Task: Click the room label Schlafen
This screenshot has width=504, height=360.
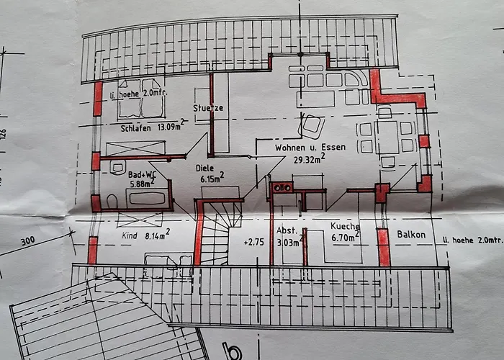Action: click(x=135, y=128)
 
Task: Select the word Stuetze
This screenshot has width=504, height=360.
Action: click(x=208, y=108)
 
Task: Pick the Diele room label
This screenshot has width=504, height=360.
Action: click(x=204, y=168)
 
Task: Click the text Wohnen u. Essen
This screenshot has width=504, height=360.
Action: click(x=310, y=147)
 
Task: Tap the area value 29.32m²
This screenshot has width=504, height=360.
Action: click(x=309, y=158)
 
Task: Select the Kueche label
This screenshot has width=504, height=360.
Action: click(x=345, y=226)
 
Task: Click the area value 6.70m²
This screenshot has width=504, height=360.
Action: click(x=345, y=237)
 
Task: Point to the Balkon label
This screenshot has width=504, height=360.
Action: click(x=411, y=234)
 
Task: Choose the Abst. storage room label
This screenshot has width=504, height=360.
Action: click(x=287, y=230)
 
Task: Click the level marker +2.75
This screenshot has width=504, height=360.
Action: click(x=254, y=242)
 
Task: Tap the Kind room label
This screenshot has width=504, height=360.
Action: click(x=130, y=236)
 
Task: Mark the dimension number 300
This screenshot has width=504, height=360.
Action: click(x=28, y=240)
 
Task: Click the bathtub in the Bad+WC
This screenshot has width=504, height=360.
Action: click(x=147, y=198)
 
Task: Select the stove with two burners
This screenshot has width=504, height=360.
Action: click(x=282, y=187)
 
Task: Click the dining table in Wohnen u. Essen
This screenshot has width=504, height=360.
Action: click(x=387, y=138)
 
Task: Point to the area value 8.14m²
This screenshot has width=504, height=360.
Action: click(x=157, y=235)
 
